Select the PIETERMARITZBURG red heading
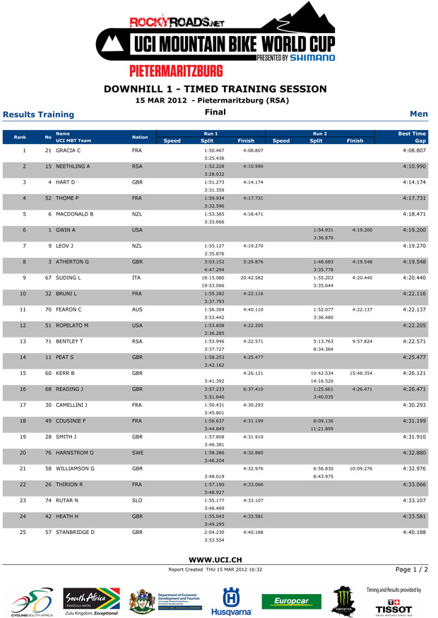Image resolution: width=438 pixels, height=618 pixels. coord(219,73)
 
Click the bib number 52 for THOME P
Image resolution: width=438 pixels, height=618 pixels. coord(51,198)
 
